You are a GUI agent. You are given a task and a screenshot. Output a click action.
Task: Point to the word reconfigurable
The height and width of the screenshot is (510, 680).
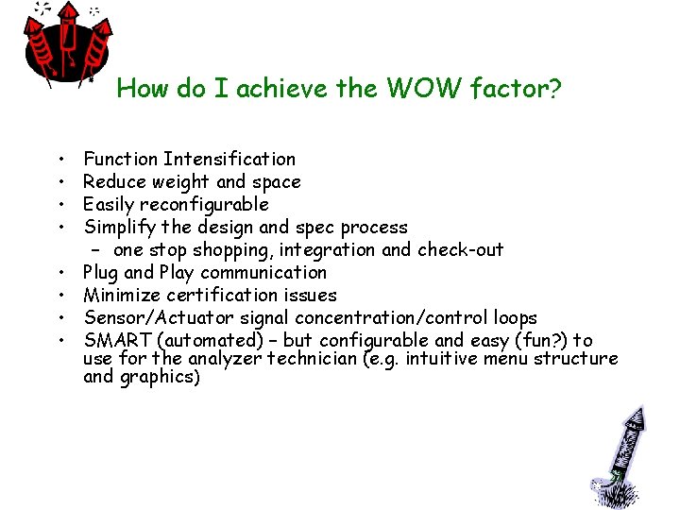click(x=204, y=204)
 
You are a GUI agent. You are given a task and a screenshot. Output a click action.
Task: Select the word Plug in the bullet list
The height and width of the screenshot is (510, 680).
click(x=100, y=272)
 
